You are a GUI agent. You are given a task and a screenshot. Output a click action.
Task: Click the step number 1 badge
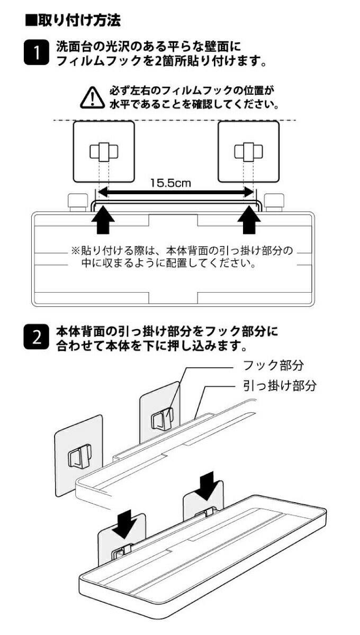(x=37, y=53)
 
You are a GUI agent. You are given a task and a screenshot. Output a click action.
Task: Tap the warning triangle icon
(x=92, y=97)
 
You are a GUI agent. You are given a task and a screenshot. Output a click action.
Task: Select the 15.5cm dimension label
(x=170, y=183)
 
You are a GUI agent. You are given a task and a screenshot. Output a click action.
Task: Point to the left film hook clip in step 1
(x=104, y=151)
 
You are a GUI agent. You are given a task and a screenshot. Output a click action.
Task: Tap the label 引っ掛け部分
(x=280, y=386)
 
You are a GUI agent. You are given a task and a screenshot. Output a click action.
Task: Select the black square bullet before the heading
(x=31, y=21)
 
